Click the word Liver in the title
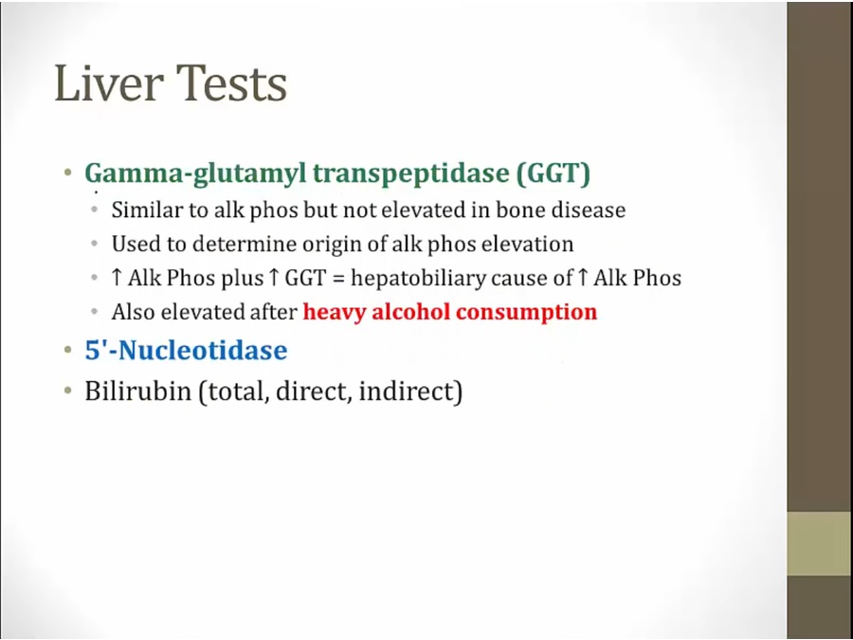109,82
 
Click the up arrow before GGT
274,278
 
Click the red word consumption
526,313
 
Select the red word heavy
334,313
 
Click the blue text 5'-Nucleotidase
186,349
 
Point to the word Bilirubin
137,391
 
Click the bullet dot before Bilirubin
68,391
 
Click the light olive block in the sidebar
820,543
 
